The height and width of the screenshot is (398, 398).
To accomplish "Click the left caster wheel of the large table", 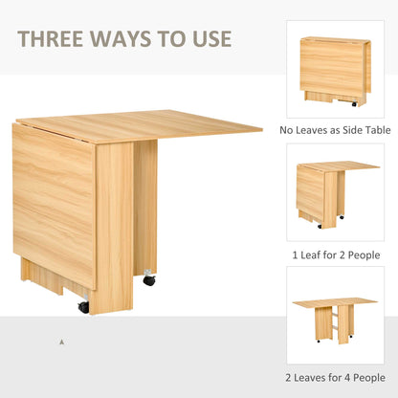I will [84, 307].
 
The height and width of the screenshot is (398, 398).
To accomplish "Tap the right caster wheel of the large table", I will [149, 280].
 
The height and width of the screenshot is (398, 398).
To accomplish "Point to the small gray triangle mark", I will [62, 342].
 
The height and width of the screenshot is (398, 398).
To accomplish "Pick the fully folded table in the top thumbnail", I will [334, 69].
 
